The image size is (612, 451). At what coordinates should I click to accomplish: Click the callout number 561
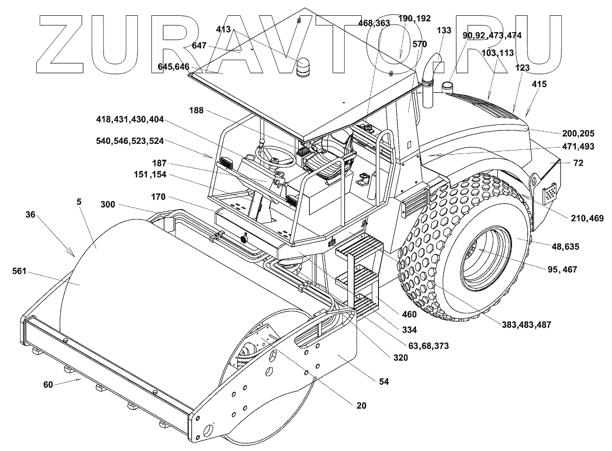point(19,271)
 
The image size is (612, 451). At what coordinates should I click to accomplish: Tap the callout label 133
point(444,30)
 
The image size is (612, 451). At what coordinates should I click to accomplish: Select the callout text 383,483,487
point(526,324)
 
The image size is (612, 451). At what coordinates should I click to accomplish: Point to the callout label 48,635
point(566,246)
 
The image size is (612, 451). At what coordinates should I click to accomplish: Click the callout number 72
point(578,163)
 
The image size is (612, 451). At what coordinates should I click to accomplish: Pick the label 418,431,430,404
point(130,119)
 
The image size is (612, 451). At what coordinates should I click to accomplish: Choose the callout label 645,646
point(173,67)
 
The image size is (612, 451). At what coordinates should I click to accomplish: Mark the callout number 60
point(48,385)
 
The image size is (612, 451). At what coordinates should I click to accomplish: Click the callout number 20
point(361,406)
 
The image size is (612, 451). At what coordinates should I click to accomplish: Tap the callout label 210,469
point(587,218)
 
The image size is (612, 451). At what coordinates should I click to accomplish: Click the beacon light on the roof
point(303,66)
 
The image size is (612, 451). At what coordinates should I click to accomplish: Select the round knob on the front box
point(243,239)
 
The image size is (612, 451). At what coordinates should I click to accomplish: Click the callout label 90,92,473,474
point(492,36)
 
